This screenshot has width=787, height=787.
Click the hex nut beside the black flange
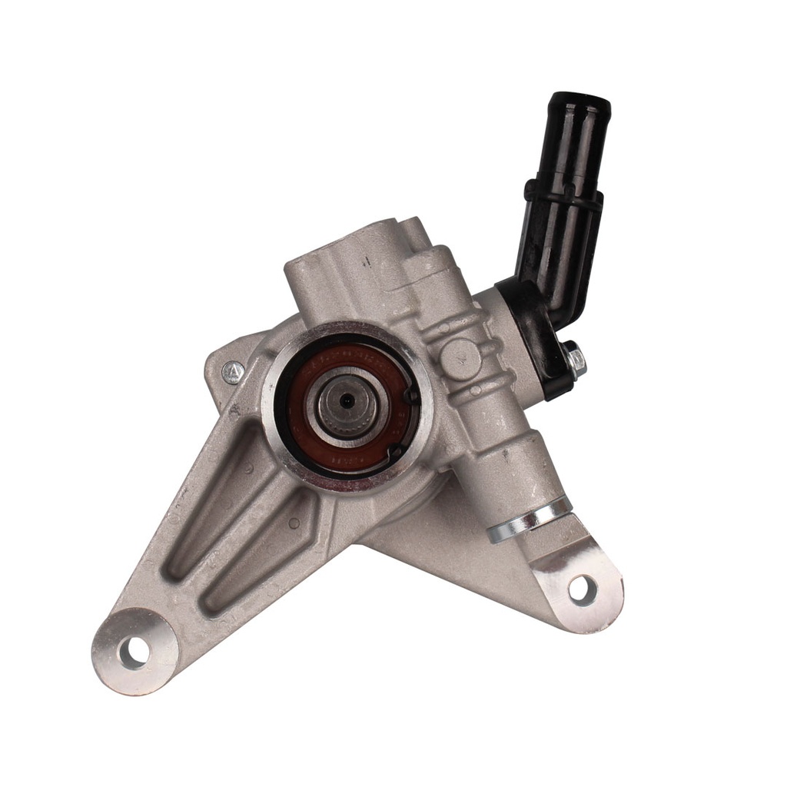click(573, 359)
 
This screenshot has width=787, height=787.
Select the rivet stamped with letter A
click(233, 373)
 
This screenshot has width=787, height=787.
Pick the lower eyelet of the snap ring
click(395, 453)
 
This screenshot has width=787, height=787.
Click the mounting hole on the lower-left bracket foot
click(134, 652)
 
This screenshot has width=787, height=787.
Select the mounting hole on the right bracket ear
click(581, 589)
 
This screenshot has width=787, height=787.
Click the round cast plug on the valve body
click(460, 356)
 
